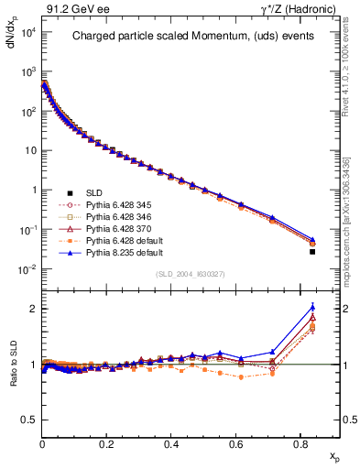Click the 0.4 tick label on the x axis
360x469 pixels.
pyautogui.click(x=171, y=444)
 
